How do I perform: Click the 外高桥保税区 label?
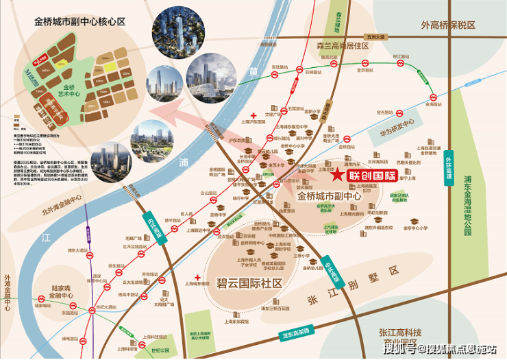[449, 25]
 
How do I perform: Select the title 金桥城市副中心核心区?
[80, 22]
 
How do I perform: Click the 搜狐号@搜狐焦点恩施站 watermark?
[439, 350]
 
